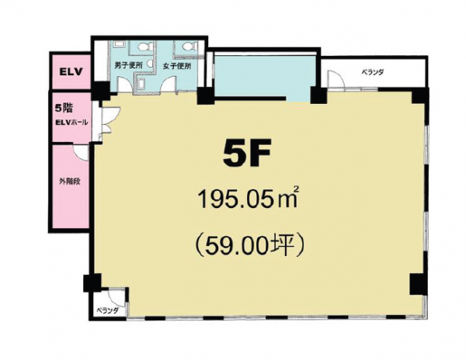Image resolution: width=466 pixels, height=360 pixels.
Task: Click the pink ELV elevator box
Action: click(x=71, y=71)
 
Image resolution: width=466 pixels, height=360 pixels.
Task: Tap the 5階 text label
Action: click(x=64, y=109)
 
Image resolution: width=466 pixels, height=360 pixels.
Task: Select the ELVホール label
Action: click(x=71, y=123)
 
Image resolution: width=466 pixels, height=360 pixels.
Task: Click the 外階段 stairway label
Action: click(x=70, y=182)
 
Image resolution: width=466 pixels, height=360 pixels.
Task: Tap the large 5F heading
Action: click(x=247, y=154)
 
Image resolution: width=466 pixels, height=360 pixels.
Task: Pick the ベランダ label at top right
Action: click(x=373, y=72)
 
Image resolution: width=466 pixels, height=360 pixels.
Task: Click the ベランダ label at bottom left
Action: click(x=107, y=310)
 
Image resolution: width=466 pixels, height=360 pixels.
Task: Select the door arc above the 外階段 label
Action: click(x=81, y=153)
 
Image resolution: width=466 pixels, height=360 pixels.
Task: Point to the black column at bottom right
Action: click(x=418, y=284)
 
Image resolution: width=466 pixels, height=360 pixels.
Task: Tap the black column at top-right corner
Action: click(x=420, y=97)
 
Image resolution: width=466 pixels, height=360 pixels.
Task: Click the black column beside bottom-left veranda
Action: click(x=92, y=283)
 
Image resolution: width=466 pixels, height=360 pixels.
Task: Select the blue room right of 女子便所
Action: click(x=265, y=76)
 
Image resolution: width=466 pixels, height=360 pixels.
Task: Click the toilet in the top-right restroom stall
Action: click(x=189, y=46)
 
